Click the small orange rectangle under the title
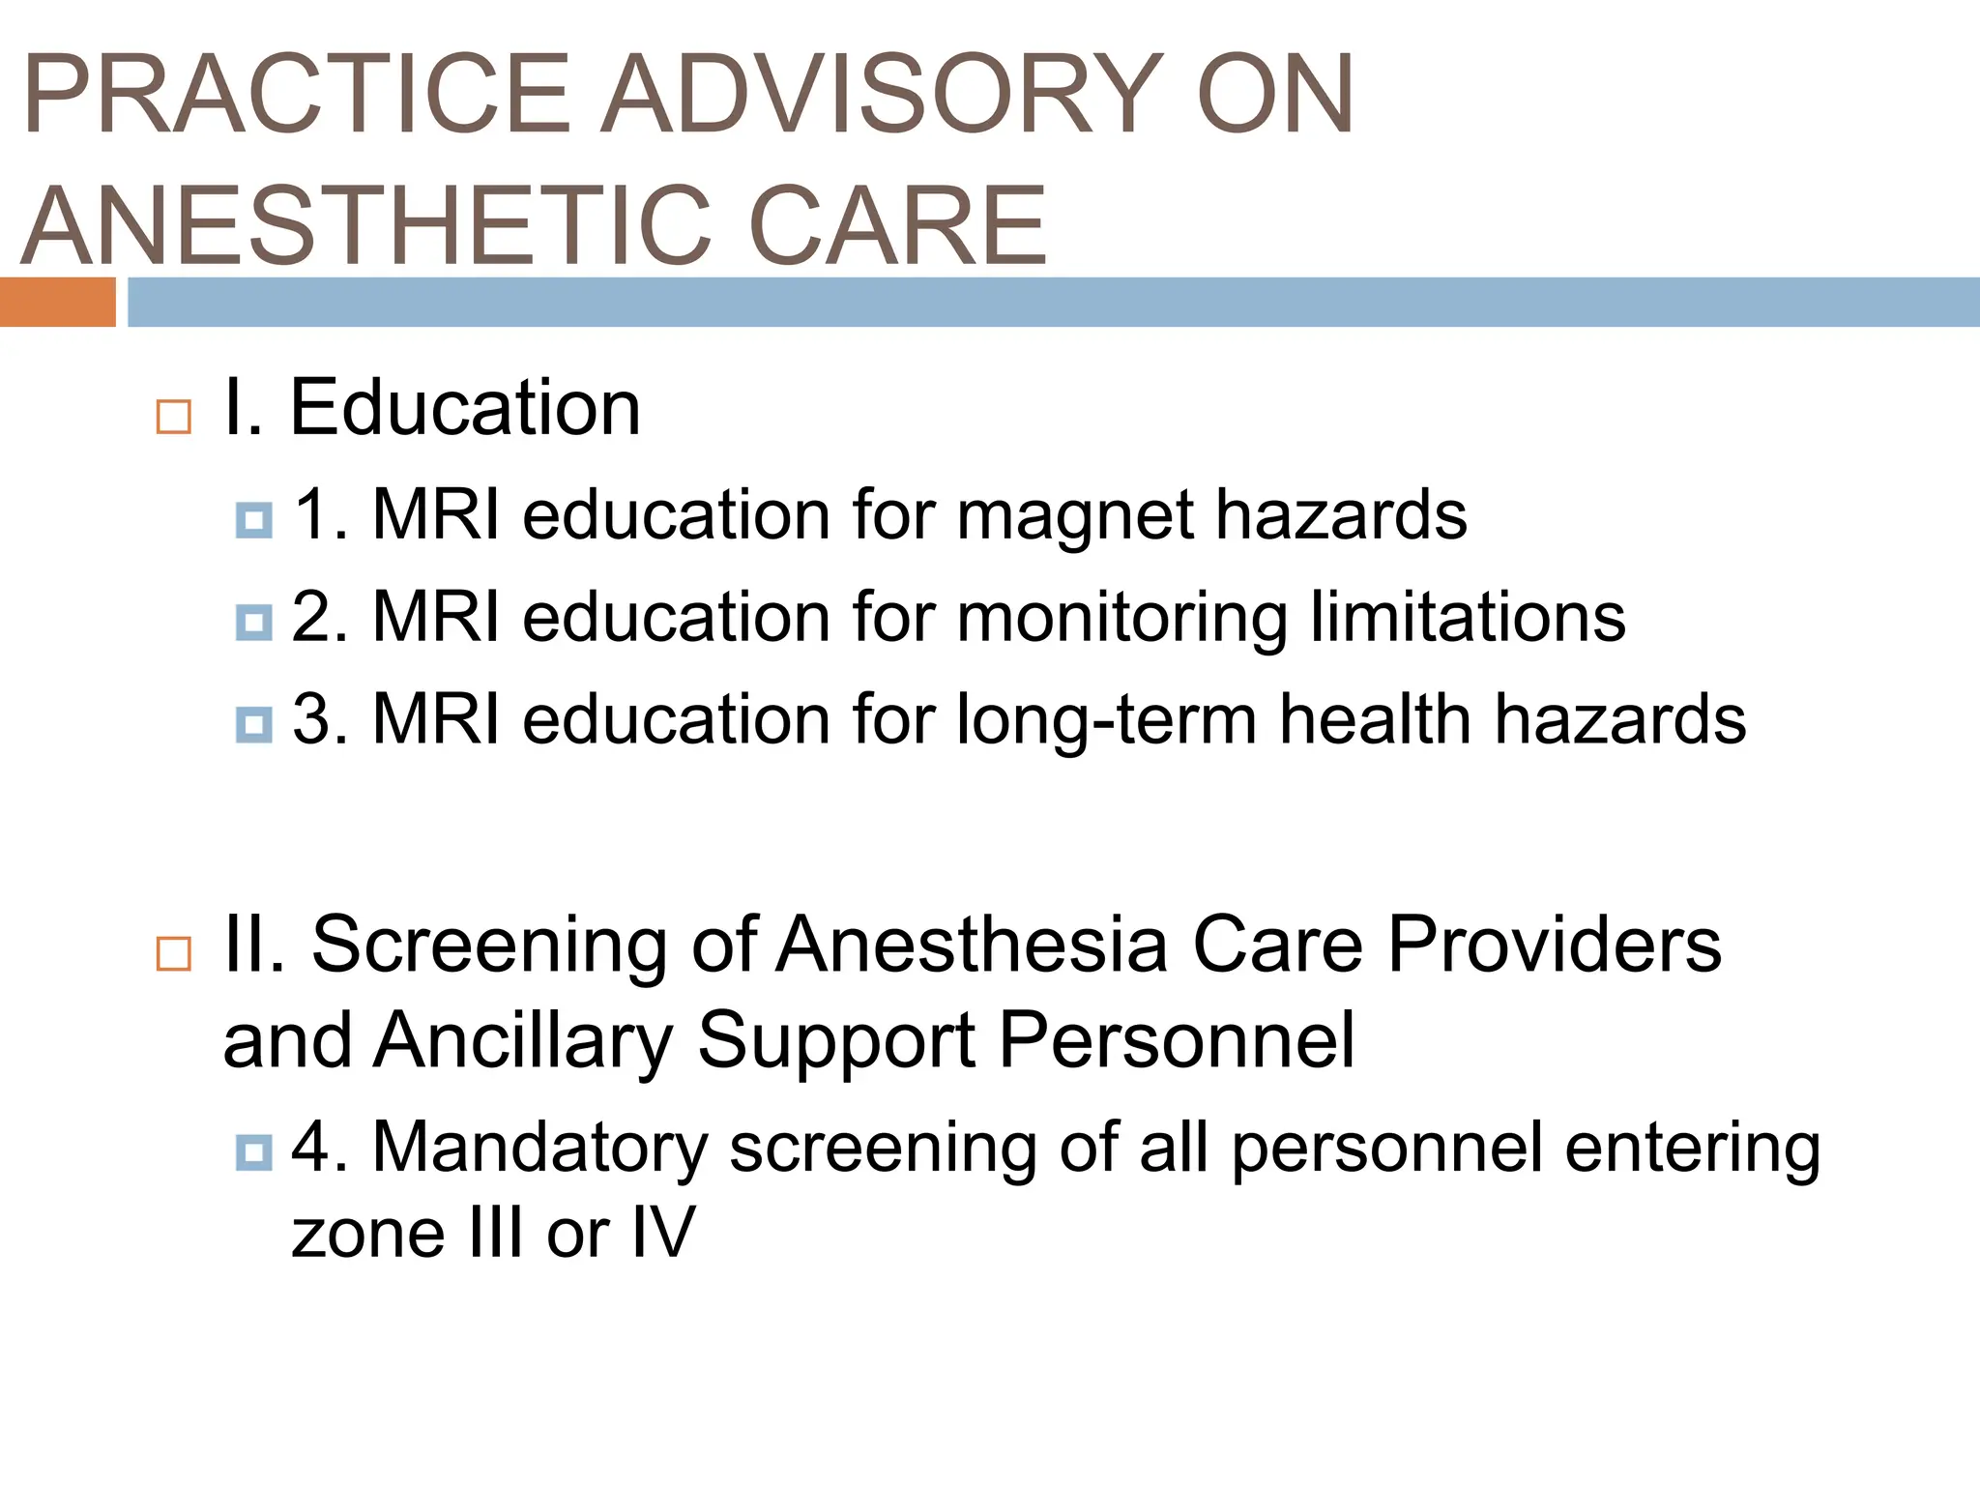pos(57,302)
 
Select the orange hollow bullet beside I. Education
pos(173,418)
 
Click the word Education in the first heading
pos(465,408)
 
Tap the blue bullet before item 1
pos(253,520)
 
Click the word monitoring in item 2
pos(1121,619)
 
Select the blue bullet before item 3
pos(253,724)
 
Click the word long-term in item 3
pos(1106,720)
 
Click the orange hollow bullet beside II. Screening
pos(173,954)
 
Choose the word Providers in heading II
pos(1555,945)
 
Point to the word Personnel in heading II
pos(1176,1041)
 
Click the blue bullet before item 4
pos(253,1151)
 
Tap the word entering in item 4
pos(1692,1149)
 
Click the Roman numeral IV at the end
pos(662,1233)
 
